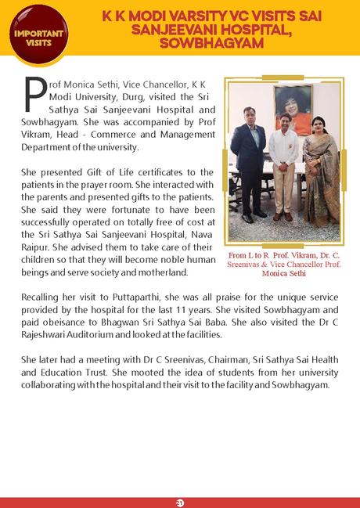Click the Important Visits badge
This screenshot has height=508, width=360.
pos(32,31)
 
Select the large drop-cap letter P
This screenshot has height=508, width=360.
pos(35,95)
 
